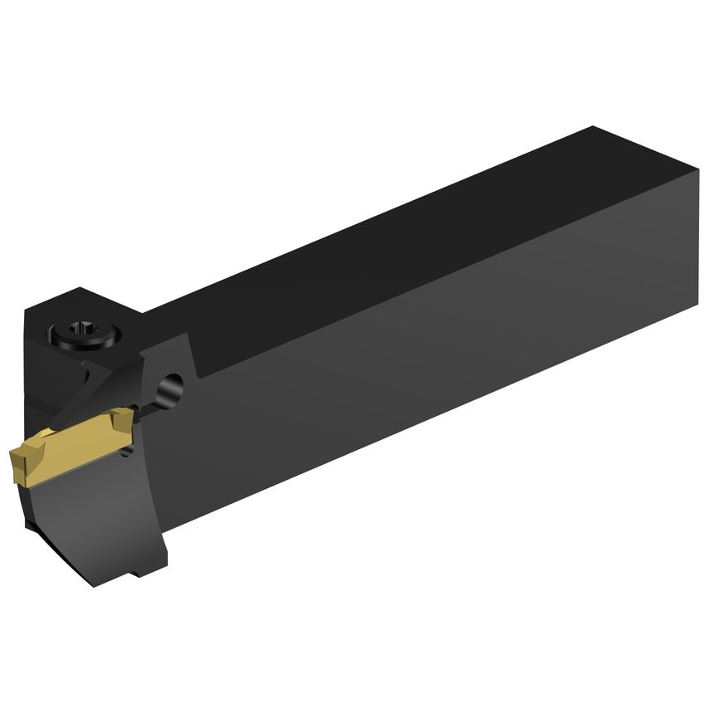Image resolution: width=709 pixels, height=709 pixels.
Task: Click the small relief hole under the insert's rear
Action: (x=126, y=451)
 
